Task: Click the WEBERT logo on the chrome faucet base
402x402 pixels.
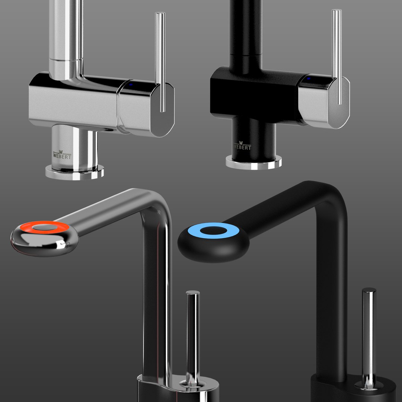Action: coord(62,154)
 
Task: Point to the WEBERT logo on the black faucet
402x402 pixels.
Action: coord(242,146)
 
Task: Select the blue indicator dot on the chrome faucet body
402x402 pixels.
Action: coord(131,84)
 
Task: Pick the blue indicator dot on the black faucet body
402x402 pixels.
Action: coord(309,79)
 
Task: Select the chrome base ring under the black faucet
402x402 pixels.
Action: coord(253,164)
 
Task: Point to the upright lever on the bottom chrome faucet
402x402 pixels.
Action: coord(192,335)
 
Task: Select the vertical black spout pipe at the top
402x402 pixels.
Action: coord(246,30)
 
